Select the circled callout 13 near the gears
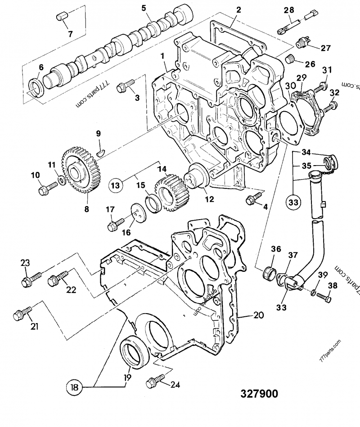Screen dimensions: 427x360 tap(116, 184)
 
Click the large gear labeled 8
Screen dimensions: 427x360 tap(81, 171)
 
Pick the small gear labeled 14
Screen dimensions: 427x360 tap(170, 190)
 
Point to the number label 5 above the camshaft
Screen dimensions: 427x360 tap(144, 8)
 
